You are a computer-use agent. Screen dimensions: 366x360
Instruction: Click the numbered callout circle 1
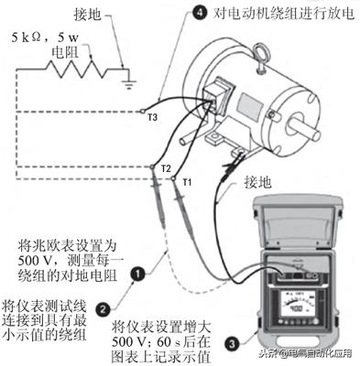[137, 272]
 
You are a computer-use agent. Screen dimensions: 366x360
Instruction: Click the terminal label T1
[187, 180]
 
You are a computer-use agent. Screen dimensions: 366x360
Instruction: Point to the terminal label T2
[166, 170]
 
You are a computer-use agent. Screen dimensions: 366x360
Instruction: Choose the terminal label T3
[153, 116]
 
